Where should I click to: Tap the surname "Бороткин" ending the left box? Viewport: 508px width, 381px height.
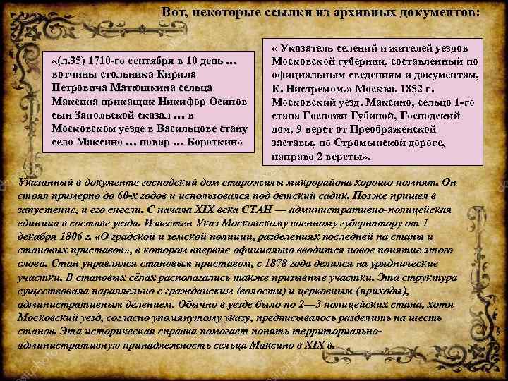(x=212, y=142)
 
